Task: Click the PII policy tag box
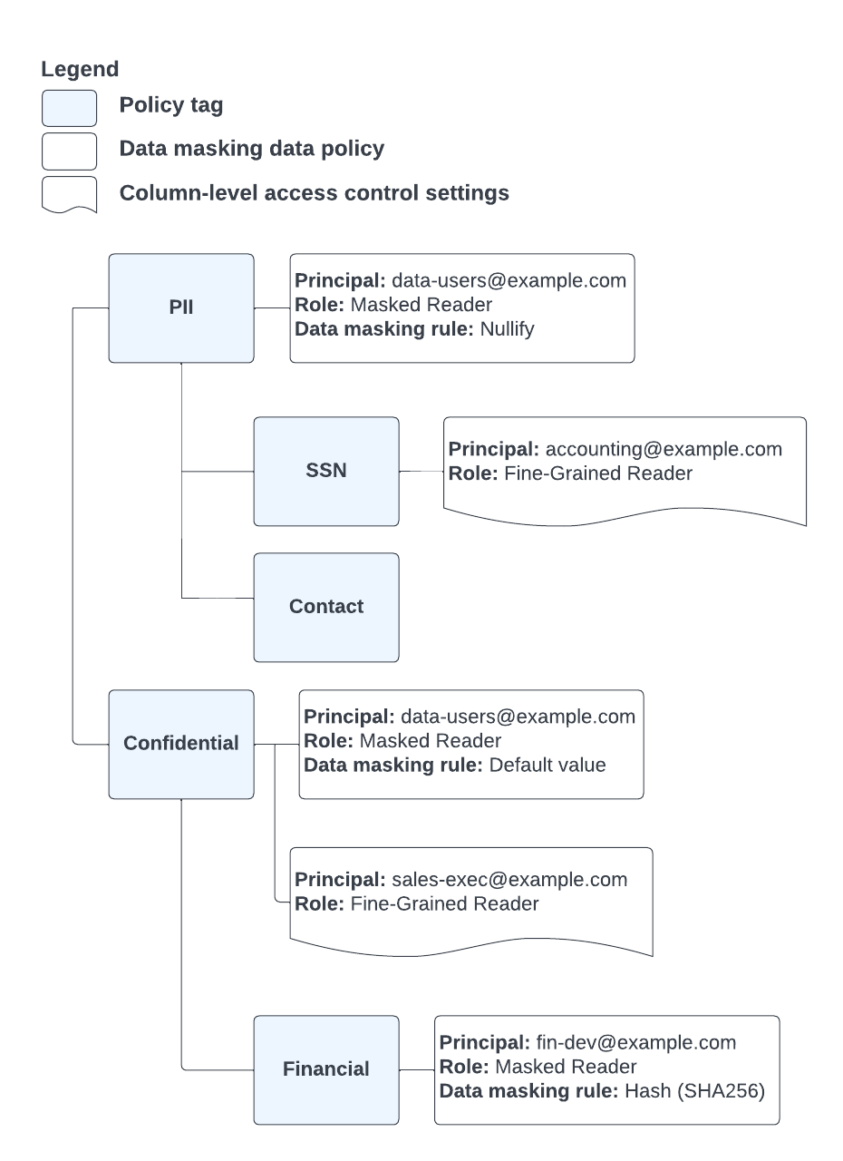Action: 181,308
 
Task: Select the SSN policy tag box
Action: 326,472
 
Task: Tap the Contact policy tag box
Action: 326,607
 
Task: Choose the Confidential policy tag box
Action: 181,744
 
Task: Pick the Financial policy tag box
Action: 326,1069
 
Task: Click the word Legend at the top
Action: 80,69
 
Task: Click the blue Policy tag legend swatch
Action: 70,108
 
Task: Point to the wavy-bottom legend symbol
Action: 70,194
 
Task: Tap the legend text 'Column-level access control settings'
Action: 314,193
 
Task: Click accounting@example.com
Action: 664,450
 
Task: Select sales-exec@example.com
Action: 509,880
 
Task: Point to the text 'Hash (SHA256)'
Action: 695,1090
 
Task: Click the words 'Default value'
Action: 547,765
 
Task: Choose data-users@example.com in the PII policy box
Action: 509,281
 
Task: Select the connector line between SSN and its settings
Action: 421,472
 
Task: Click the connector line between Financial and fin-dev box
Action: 416,1069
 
